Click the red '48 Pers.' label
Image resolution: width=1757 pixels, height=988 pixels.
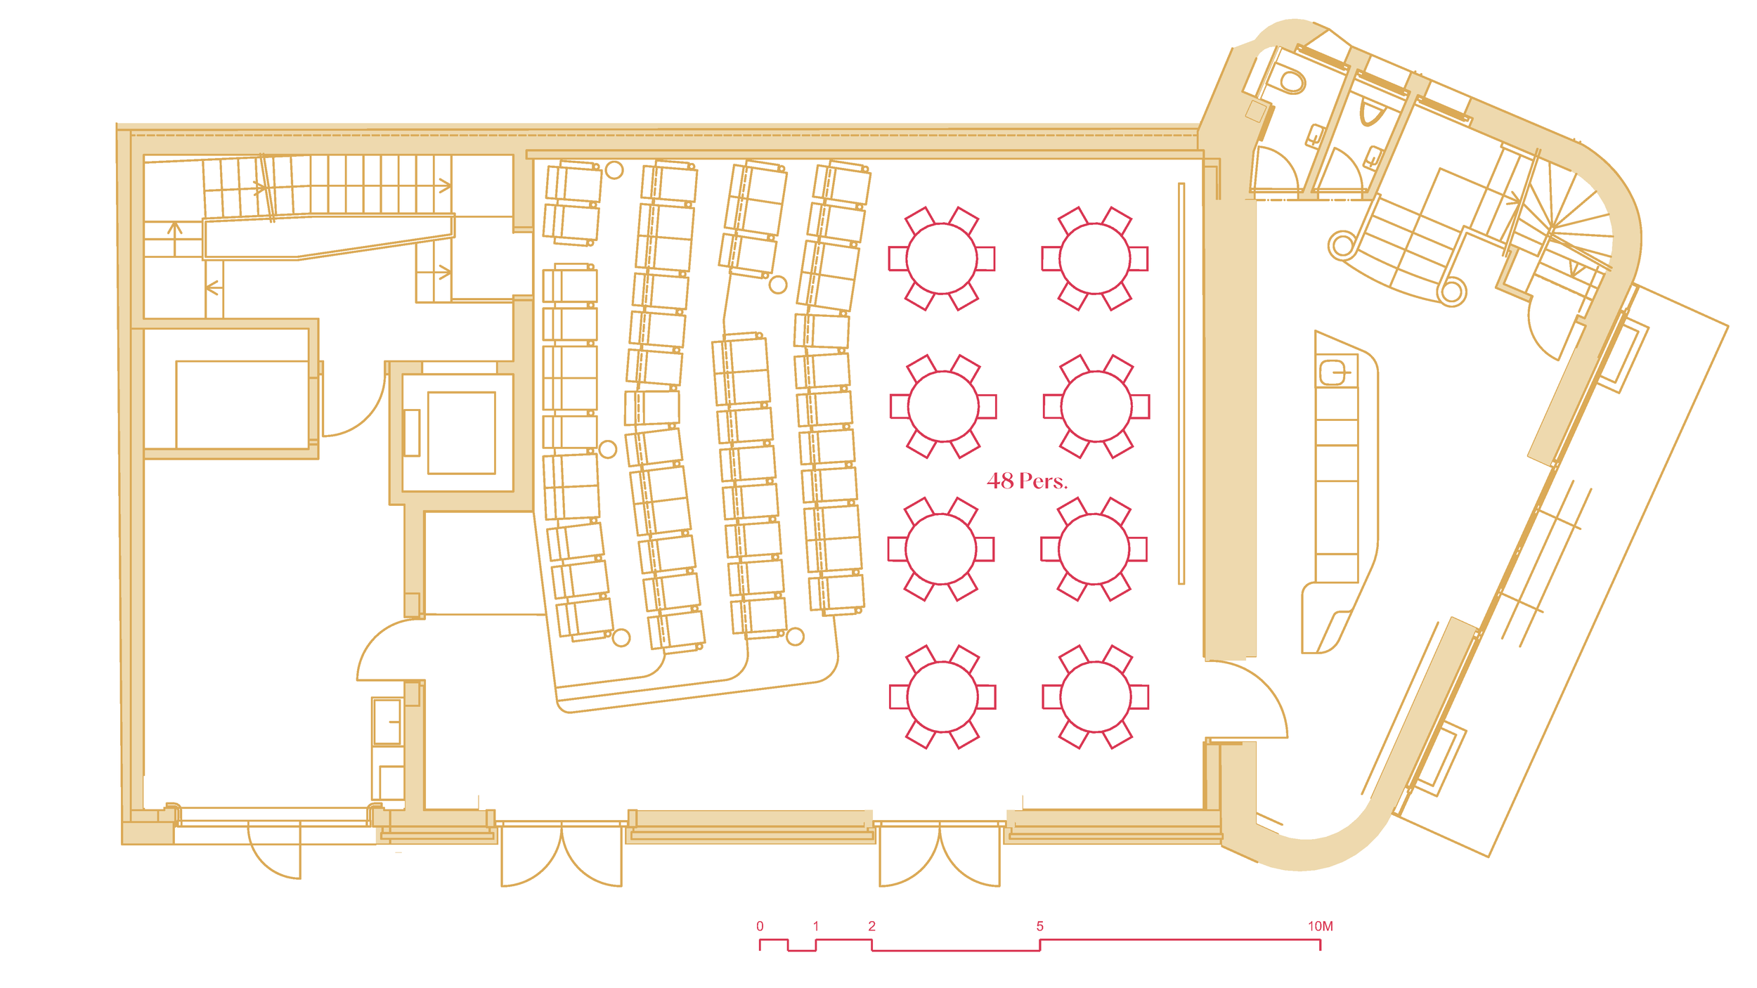1027,481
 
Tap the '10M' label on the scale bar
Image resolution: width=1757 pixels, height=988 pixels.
1320,926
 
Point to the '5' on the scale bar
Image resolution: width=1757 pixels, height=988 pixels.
1039,926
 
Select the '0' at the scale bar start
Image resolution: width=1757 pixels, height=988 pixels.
760,926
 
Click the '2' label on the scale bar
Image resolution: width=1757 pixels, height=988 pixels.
871,926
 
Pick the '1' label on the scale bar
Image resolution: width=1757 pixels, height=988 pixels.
815,926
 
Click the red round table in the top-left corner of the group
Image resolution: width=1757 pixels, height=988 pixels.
942,259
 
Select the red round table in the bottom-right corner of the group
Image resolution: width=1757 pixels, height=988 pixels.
1095,697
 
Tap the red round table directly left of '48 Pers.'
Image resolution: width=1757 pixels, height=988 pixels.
941,549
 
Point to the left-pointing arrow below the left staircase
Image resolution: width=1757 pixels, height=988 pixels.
214,287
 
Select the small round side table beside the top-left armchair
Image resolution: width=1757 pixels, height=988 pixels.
614,170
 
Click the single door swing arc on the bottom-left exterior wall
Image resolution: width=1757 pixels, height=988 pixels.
274,852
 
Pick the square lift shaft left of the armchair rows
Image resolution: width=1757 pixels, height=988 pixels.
461,433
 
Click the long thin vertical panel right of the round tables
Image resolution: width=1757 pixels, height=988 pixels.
1181,383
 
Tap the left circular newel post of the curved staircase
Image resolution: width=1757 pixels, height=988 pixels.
1343,246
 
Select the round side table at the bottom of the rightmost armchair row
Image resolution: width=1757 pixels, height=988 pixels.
795,637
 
